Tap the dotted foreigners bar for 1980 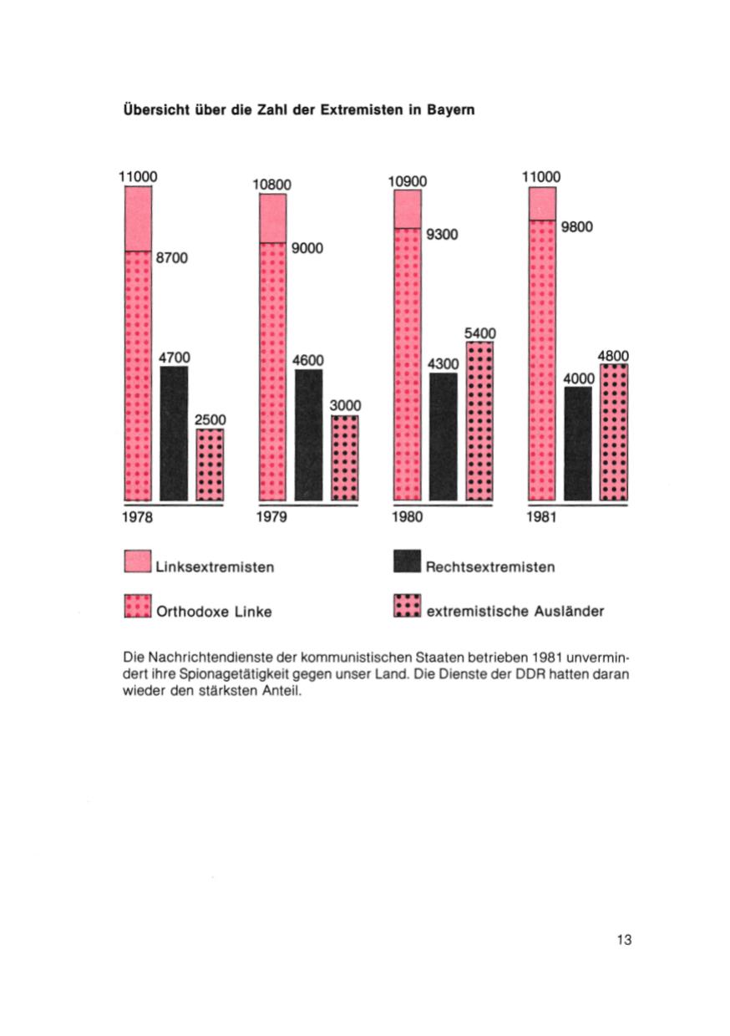[x=479, y=421]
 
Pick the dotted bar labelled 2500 [x=210, y=465]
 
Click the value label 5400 [x=479, y=333]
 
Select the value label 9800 [x=576, y=225]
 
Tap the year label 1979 [x=271, y=517]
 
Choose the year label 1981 [x=543, y=517]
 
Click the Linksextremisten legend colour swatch [x=137, y=563]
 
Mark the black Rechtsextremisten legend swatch [x=407, y=563]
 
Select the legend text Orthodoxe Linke [x=214, y=612]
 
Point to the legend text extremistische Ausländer [x=515, y=612]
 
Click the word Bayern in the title [x=450, y=110]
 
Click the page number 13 [x=624, y=940]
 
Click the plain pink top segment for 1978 [x=138, y=218]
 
